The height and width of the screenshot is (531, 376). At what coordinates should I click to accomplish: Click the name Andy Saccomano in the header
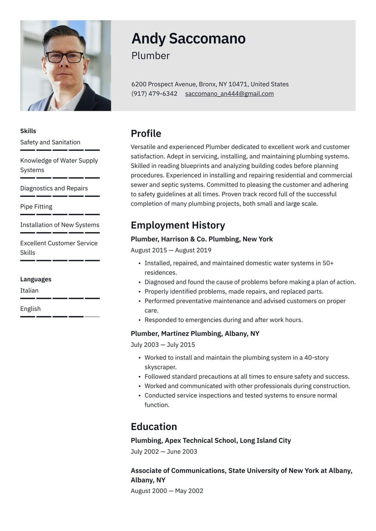[x=188, y=39]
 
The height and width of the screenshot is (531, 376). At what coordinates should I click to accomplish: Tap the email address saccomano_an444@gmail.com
[x=229, y=94]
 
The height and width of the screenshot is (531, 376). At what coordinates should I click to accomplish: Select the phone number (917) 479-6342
[x=154, y=94]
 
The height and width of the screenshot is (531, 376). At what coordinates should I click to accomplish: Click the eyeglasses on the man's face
[x=65, y=57]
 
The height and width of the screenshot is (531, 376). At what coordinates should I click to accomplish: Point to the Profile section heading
[x=146, y=134]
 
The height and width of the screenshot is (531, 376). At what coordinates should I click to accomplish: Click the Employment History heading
[x=178, y=225]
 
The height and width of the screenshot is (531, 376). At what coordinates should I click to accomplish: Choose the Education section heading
[x=154, y=427]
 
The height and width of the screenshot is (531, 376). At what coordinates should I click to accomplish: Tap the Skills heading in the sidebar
[x=28, y=131]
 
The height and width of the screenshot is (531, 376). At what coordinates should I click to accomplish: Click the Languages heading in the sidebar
[x=36, y=279]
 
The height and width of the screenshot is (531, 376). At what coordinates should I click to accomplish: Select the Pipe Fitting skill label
[x=36, y=207]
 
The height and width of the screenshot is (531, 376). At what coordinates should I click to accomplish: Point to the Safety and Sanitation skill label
[x=50, y=142]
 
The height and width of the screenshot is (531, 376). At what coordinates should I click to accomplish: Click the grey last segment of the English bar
[x=92, y=317]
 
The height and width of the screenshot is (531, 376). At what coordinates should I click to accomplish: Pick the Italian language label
[x=30, y=290]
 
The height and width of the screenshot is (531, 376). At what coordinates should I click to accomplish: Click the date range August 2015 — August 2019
[x=171, y=251]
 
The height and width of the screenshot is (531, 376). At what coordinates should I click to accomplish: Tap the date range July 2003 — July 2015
[x=163, y=345]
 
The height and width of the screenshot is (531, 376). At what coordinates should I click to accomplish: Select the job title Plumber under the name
[x=151, y=56]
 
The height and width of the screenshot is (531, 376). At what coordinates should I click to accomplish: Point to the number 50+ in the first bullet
[x=328, y=263]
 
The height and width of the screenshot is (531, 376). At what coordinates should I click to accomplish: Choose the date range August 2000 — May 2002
[x=167, y=491]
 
